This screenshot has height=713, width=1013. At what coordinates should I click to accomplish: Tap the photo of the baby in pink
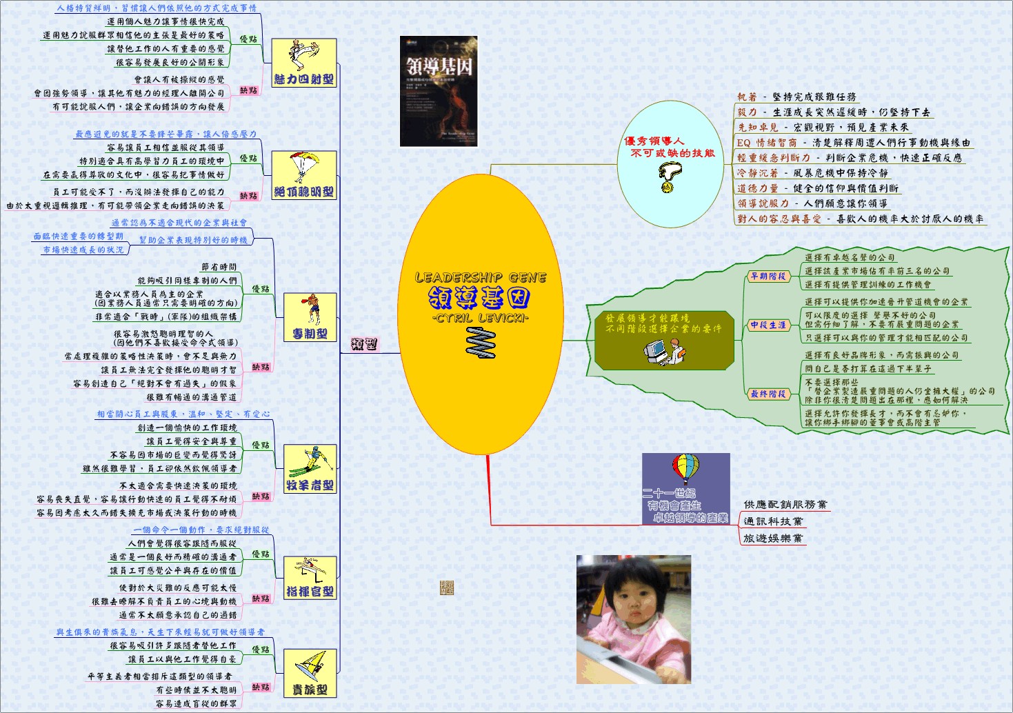point(633,619)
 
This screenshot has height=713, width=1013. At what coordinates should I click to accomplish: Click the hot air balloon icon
point(685,470)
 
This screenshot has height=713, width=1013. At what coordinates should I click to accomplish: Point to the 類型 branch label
point(364,344)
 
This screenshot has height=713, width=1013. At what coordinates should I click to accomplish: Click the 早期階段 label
point(768,277)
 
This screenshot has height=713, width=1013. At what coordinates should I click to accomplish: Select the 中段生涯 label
point(768,325)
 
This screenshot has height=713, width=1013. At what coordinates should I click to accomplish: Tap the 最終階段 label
point(768,394)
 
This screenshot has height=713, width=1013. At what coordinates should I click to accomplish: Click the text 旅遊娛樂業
point(773,539)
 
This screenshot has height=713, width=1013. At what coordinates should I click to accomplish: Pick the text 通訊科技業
point(773,522)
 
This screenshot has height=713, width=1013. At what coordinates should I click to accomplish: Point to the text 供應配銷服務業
point(785,505)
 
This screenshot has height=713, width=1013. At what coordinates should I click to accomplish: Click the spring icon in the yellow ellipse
point(482,343)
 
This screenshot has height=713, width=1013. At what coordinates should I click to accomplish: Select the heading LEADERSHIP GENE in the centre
point(481,278)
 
